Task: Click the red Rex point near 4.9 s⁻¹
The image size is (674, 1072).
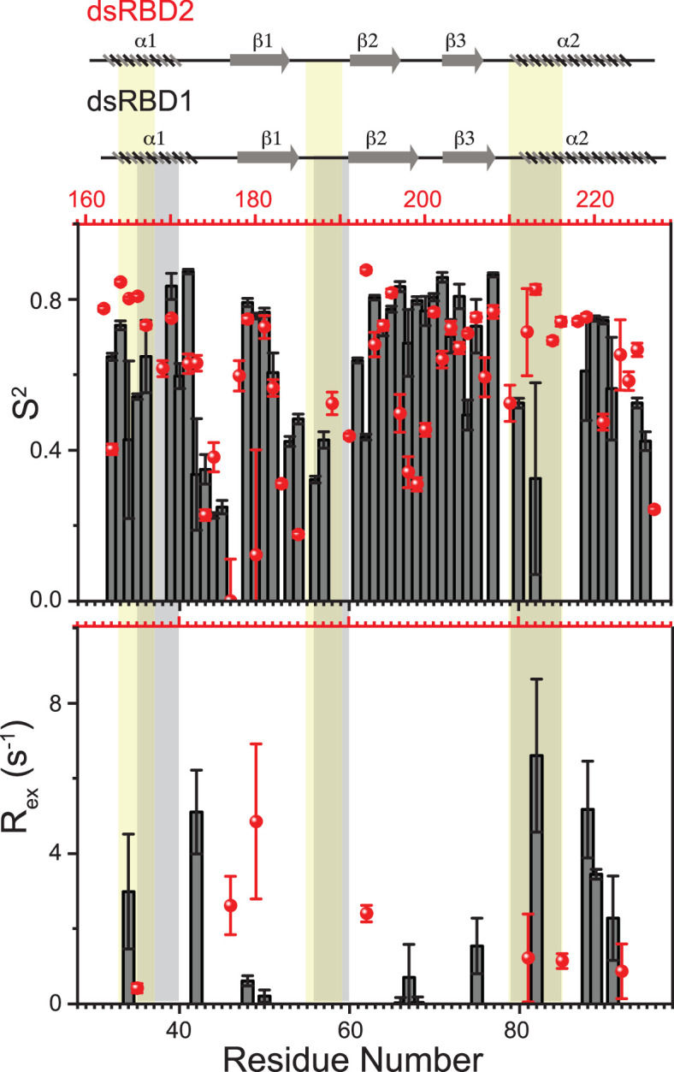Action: (256, 821)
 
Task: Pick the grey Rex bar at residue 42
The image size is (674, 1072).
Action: (196, 907)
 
